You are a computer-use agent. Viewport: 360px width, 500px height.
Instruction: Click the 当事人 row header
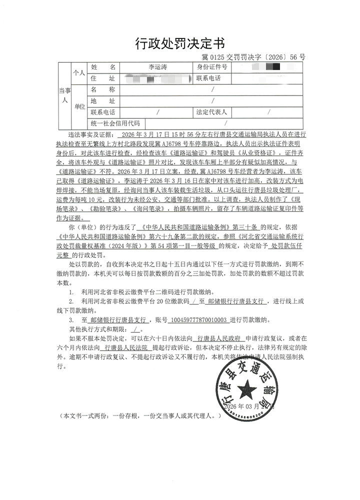(64, 95)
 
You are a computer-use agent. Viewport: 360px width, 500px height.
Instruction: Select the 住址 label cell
(103, 78)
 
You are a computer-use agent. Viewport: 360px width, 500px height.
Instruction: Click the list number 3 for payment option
(71, 319)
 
